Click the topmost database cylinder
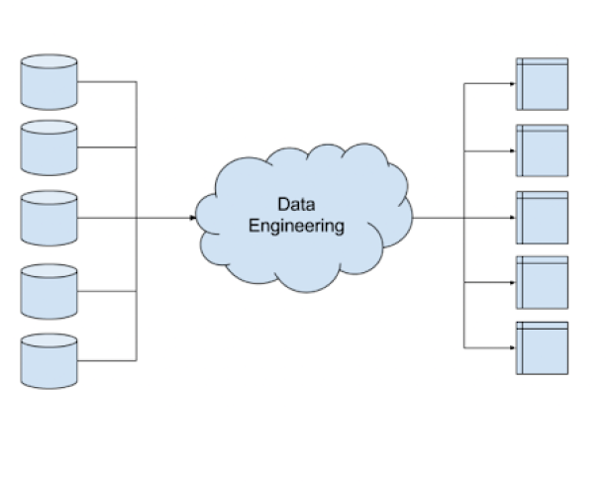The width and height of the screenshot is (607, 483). pyautogui.click(x=49, y=81)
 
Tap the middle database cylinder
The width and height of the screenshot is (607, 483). pyautogui.click(x=49, y=217)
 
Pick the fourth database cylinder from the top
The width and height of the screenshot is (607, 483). pyautogui.click(x=49, y=290)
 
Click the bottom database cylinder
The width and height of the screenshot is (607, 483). pyautogui.click(x=49, y=359)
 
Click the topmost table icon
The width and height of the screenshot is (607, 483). pyautogui.click(x=543, y=84)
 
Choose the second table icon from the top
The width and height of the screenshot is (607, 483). pyautogui.click(x=543, y=150)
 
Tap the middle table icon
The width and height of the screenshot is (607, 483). pyautogui.click(x=543, y=217)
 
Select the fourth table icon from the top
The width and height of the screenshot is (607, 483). pyautogui.click(x=543, y=282)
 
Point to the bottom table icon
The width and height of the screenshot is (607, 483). pyautogui.click(x=543, y=347)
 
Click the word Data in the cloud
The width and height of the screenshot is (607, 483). pyautogui.click(x=295, y=205)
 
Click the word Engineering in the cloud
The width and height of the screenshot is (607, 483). pyautogui.click(x=295, y=226)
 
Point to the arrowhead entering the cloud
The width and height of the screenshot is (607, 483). pyautogui.click(x=191, y=217)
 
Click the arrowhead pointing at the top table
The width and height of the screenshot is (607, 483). pyautogui.click(x=511, y=84)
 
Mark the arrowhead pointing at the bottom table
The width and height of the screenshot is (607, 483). pyautogui.click(x=511, y=347)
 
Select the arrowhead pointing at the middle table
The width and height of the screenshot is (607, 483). pyautogui.click(x=511, y=217)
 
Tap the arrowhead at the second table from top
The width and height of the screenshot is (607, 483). pyautogui.click(x=511, y=150)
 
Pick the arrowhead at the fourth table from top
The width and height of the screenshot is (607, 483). pyautogui.click(x=511, y=282)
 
